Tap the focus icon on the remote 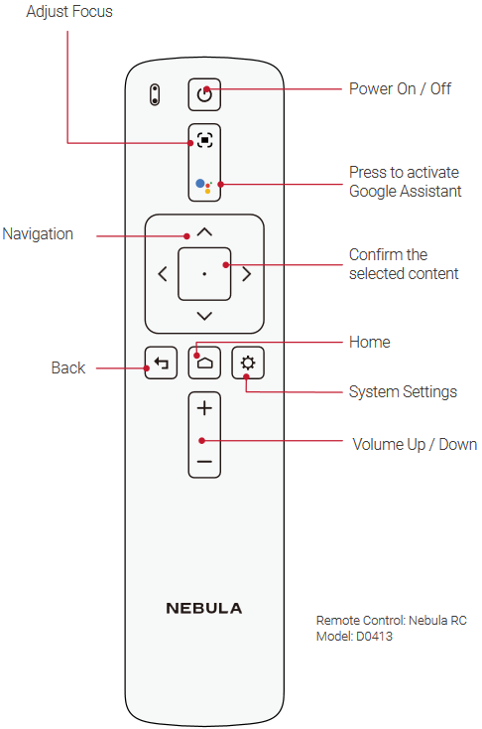click(x=204, y=140)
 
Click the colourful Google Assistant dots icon click(x=204, y=186)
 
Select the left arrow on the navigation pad click(x=163, y=274)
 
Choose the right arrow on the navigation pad click(x=247, y=274)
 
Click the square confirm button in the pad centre click(x=204, y=274)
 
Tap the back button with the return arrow click(x=161, y=363)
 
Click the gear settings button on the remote click(x=248, y=363)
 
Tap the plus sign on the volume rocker click(x=204, y=408)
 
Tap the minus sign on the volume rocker click(x=204, y=462)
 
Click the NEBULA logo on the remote click(x=204, y=608)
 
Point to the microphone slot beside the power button click(x=155, y=94)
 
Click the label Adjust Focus click(x=69, y=11)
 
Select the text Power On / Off click(x=400, y=88)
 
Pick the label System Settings click(x=403, y=392)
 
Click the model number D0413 click(x=374, y=636)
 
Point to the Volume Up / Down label click(x=415, y=445)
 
